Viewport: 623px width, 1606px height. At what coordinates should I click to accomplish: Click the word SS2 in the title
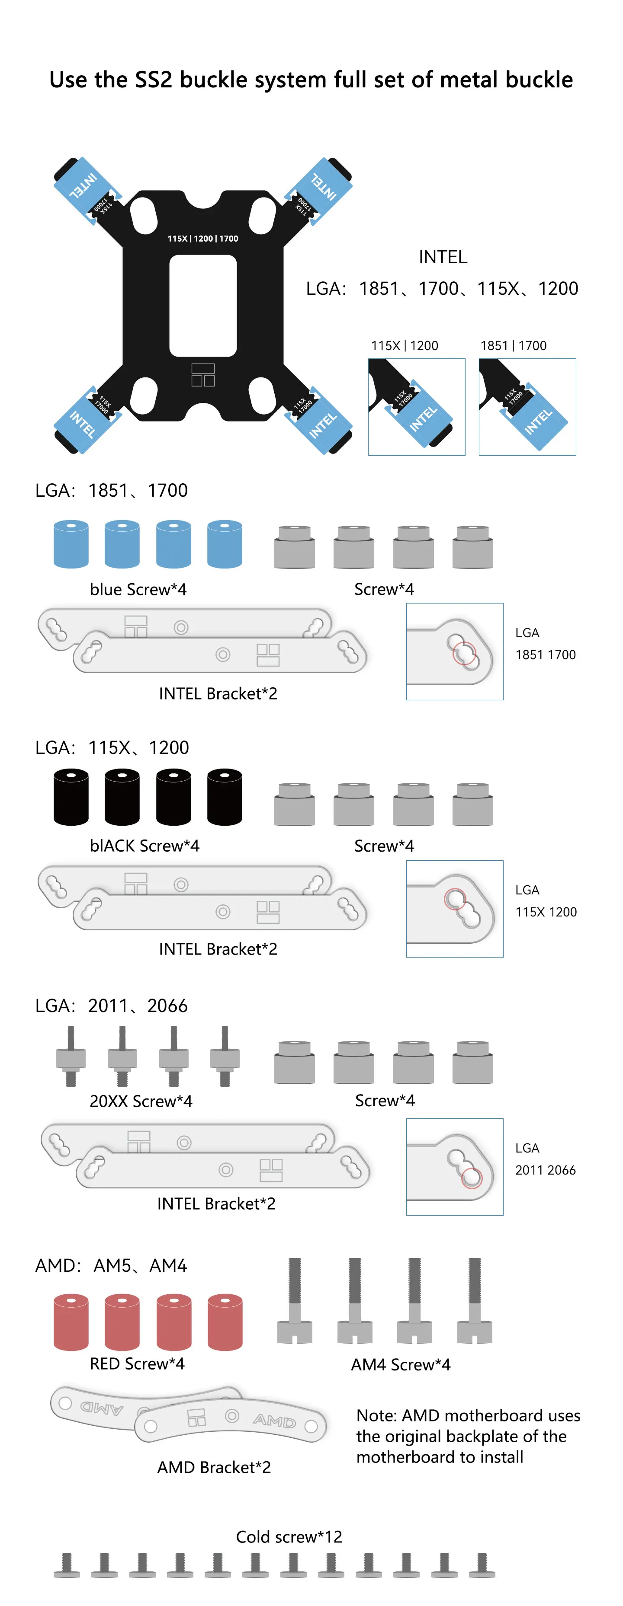(x=153, y=80)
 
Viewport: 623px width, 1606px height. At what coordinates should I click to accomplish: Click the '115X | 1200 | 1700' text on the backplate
(x=202, y=238)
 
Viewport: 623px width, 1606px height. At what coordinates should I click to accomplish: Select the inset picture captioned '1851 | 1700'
(x=527, y=406)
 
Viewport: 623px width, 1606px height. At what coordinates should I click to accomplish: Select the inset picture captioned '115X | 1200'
(x=417, y=406)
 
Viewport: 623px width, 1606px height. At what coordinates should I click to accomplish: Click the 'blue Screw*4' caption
(x=138, y=589)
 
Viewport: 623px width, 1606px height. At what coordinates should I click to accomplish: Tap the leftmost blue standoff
(x=71, y=544)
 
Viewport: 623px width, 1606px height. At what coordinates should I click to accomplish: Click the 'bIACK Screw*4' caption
(x=144, y=846)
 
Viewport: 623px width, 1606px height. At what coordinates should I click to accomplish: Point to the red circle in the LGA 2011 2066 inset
(x=472, y=1177)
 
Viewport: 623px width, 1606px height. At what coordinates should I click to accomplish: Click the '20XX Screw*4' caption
(x=141, y=1101)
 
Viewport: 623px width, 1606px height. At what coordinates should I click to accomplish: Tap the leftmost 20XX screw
(x=71, y=1056)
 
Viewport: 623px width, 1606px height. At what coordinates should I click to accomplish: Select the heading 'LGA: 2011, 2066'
(x=111, y=1006)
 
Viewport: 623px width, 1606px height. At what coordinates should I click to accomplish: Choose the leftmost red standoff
(x=71, y=1322)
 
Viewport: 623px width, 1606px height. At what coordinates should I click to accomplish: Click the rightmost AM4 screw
(x=475, y=1300)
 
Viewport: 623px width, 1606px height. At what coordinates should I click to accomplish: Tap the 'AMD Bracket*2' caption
(x=214, y=1467)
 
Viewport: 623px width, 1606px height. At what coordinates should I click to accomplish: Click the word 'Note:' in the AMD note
(x=377, y=1415)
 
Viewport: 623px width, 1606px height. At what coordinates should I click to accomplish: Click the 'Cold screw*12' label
(x=289, y=1537)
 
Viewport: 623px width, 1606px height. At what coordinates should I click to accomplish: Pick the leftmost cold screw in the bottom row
(x=67, y=1565)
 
